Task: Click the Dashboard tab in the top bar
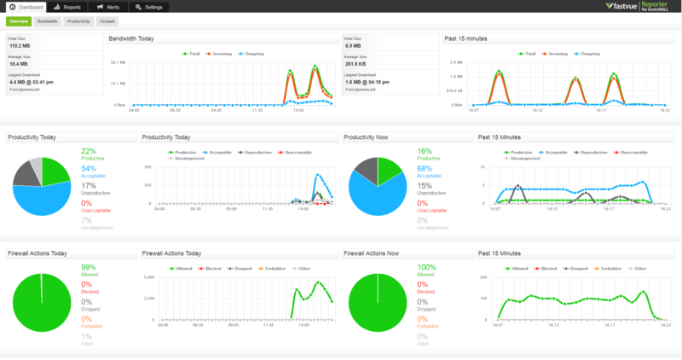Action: (x=25, y=7)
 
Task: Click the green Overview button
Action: (x=19, y=20)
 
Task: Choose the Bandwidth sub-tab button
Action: (x=48, y=20)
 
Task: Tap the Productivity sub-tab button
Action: (x=79, y=20)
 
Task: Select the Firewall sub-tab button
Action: (x=107, y=20)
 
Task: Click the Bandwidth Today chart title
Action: (x=132, y=38)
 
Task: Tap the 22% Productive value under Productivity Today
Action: (x=89, y=151)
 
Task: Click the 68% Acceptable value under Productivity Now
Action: (x=425, y=168)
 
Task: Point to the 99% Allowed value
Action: (x=89, y=267)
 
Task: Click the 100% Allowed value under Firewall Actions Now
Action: (x=426, y=267)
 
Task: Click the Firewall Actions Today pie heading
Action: (x=38, y=253)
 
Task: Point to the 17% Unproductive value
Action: (x=89, y=184)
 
